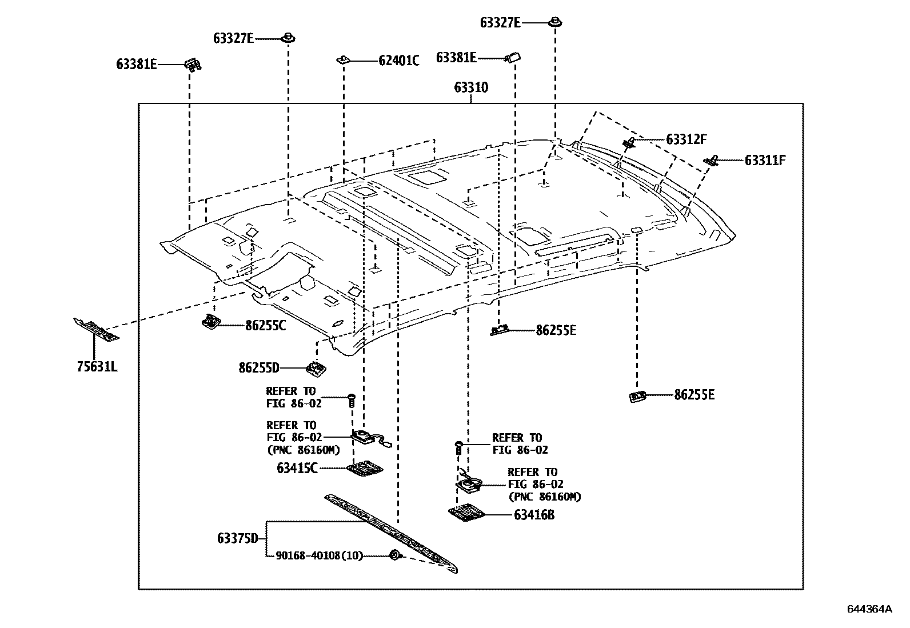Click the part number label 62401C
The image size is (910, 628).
(398, 61)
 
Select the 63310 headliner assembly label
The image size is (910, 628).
(471, 88)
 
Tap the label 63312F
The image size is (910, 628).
(686, 139)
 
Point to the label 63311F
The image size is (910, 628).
(765, 161)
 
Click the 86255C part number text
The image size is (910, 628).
(266, 326)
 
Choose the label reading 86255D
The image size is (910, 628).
(259, 367)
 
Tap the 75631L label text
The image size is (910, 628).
(97, 366)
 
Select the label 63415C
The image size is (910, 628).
(297, 468)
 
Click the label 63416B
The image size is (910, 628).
(534, 515)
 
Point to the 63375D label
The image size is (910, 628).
(238, 538)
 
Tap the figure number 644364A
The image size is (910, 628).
(869, 609)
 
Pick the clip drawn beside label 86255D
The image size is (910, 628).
(314, 369)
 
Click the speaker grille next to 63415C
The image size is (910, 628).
(365, 469)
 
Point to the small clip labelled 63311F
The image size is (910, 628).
(711, 161)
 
